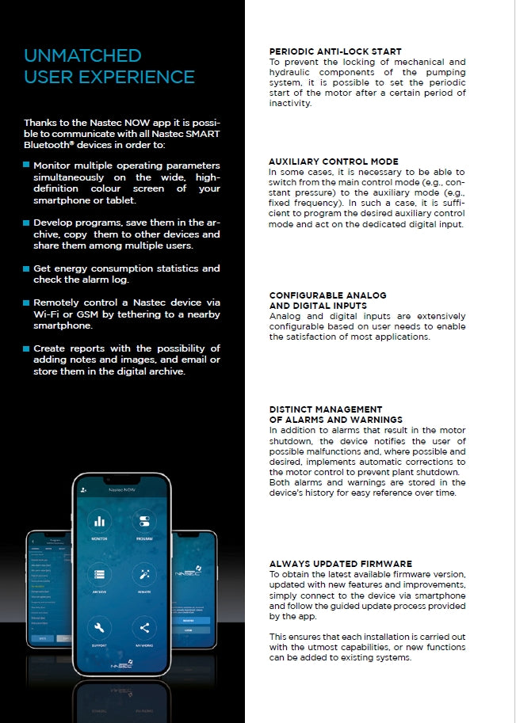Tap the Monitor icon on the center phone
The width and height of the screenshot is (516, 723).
(x=99, y=522)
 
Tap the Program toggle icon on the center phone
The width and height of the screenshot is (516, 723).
(x=144, y=522)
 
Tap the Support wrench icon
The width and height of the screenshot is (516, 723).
(x=99, y=629)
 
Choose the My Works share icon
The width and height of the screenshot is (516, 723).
(x=144, y=629)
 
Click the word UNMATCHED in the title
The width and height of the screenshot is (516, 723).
(x=82, y=55)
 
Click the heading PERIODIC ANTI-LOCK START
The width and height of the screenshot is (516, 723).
(x=335, y=51)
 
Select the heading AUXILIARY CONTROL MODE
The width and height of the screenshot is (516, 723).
(x=333, y=162)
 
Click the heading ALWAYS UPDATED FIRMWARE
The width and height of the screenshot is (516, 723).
(x=341, y=564)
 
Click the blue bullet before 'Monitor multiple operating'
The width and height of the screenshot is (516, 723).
(x=27, y=166)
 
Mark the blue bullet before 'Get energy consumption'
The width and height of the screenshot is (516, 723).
(x=27, y=269)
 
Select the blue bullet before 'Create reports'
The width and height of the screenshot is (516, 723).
(x=27, y=348)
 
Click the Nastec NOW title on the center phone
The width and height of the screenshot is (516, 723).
(x=122, y=490)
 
